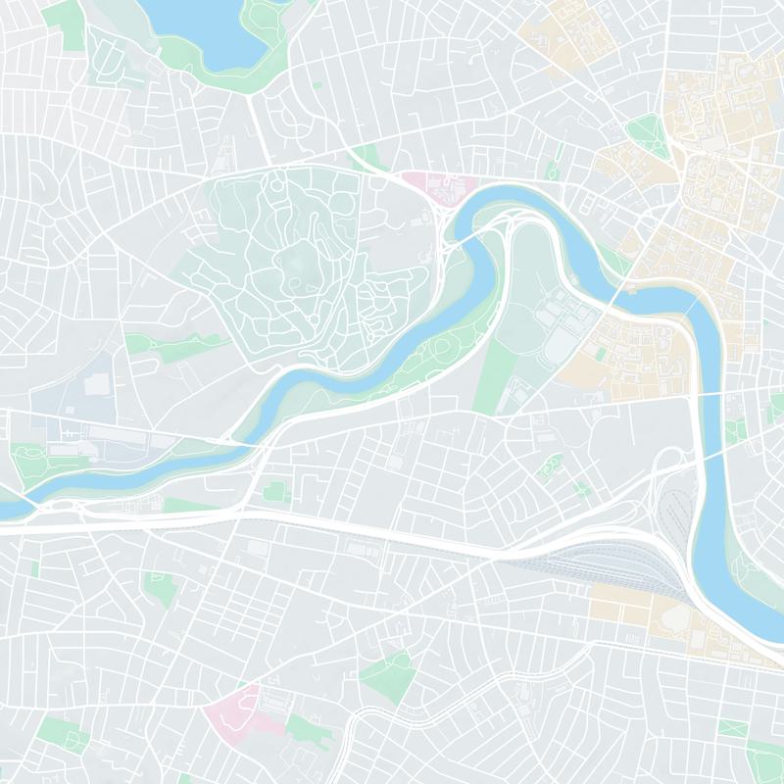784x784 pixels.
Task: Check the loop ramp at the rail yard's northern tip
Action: [x=672, y=461]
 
